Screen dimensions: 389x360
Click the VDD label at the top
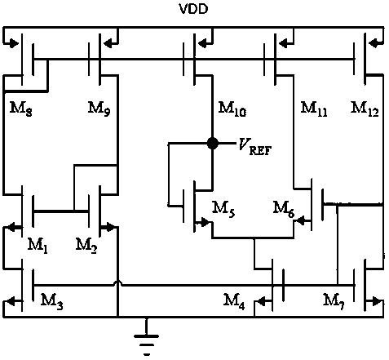(193, 9)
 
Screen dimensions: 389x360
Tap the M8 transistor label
(21, 109)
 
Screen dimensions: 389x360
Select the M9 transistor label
(99, 109)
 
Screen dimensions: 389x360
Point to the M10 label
(232, 109)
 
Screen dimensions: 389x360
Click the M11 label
(314, 109)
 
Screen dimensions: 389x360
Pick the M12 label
(365, 109)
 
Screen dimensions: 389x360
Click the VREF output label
(255, 146)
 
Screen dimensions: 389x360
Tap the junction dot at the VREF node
(212, 143)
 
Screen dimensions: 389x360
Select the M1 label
(38, 246)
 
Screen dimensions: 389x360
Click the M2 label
(86, 246)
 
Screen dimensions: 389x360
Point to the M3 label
(51, 301)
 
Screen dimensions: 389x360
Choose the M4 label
(234, 301)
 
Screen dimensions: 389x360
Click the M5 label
(223, 210)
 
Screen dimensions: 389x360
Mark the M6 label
(284, 210)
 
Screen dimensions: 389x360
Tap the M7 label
(334, 301)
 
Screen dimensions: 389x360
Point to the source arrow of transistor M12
(375, 43)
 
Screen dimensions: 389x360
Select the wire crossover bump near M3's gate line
(117, 283)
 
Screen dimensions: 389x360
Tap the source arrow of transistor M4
(263, 301)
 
